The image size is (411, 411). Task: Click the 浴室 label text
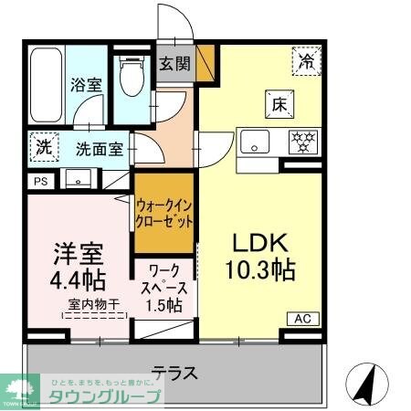point(88,85)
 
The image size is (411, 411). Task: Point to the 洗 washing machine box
point(44,145)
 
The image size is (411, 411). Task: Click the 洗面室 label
point(100,149)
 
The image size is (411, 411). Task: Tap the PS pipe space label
point(39,182)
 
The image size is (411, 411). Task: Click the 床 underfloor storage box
point(279,103)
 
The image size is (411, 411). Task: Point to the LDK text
point(258,244)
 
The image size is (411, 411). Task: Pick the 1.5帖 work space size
point(165,303)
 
